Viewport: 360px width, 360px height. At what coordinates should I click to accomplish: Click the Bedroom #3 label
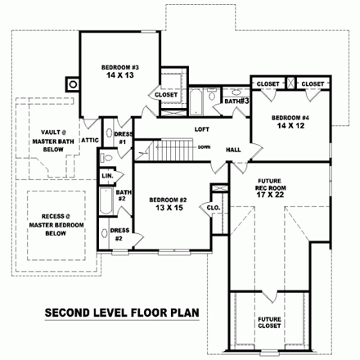click(x=121, y=66)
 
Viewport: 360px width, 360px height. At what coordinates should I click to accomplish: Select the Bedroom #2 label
click(x=169, y=200)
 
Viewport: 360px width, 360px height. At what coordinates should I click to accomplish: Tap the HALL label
click(x=233, y=149)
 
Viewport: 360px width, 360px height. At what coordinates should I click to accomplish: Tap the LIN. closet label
click(x=107, y=176)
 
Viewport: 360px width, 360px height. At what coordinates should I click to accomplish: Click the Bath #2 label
click(x=120, y=195)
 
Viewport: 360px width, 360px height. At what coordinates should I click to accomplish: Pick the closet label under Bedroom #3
click(x=166, y=94)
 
